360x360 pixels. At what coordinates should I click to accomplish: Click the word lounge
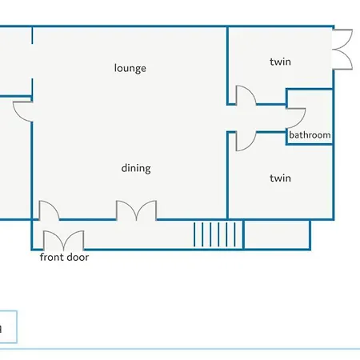pyautogui.click(x=130, y=68)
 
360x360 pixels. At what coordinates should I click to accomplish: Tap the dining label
pyautogui.click(x=136, y=169)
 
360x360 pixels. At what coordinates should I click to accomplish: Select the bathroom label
pyautogui.click(x=310, y=135)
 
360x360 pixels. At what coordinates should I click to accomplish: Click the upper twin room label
pyautogui.click(x=280, y=62)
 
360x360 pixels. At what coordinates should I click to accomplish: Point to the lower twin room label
pyautogui.click(x=280, y=178)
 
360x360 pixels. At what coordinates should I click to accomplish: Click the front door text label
pyautogui.click(x=64, y=257)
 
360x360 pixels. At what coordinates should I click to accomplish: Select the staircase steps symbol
pyautogui.click(x=215, y=234)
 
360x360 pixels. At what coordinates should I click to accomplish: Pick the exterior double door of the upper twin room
pyautogui.click(x=342, y=50)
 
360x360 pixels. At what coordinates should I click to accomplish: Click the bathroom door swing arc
pyautogui.click(x=295, y=118)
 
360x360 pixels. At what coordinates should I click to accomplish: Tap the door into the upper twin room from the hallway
pyautogui.click(x=246, y=95)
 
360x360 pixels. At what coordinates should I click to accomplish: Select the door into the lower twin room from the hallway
pyautogui.click(x=246, y=142)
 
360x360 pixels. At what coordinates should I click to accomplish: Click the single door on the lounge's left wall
pyautogui.click(x=22, y=111)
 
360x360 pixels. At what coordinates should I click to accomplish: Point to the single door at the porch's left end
pyautogui.click(x=50, y=210)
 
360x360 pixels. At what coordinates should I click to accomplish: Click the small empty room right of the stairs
pyautogui.click(x=277, y=234)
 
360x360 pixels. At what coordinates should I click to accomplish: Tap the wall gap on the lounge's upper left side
pyautogui.click(x=32, y=61)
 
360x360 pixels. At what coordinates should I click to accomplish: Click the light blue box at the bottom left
pyautogui.click(x=8, y=326)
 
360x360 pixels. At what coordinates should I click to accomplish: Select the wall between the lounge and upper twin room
pyautogui.click(x=227, y=66)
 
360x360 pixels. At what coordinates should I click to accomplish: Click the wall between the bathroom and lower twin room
pyautogui.click(x=310, y=144)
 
